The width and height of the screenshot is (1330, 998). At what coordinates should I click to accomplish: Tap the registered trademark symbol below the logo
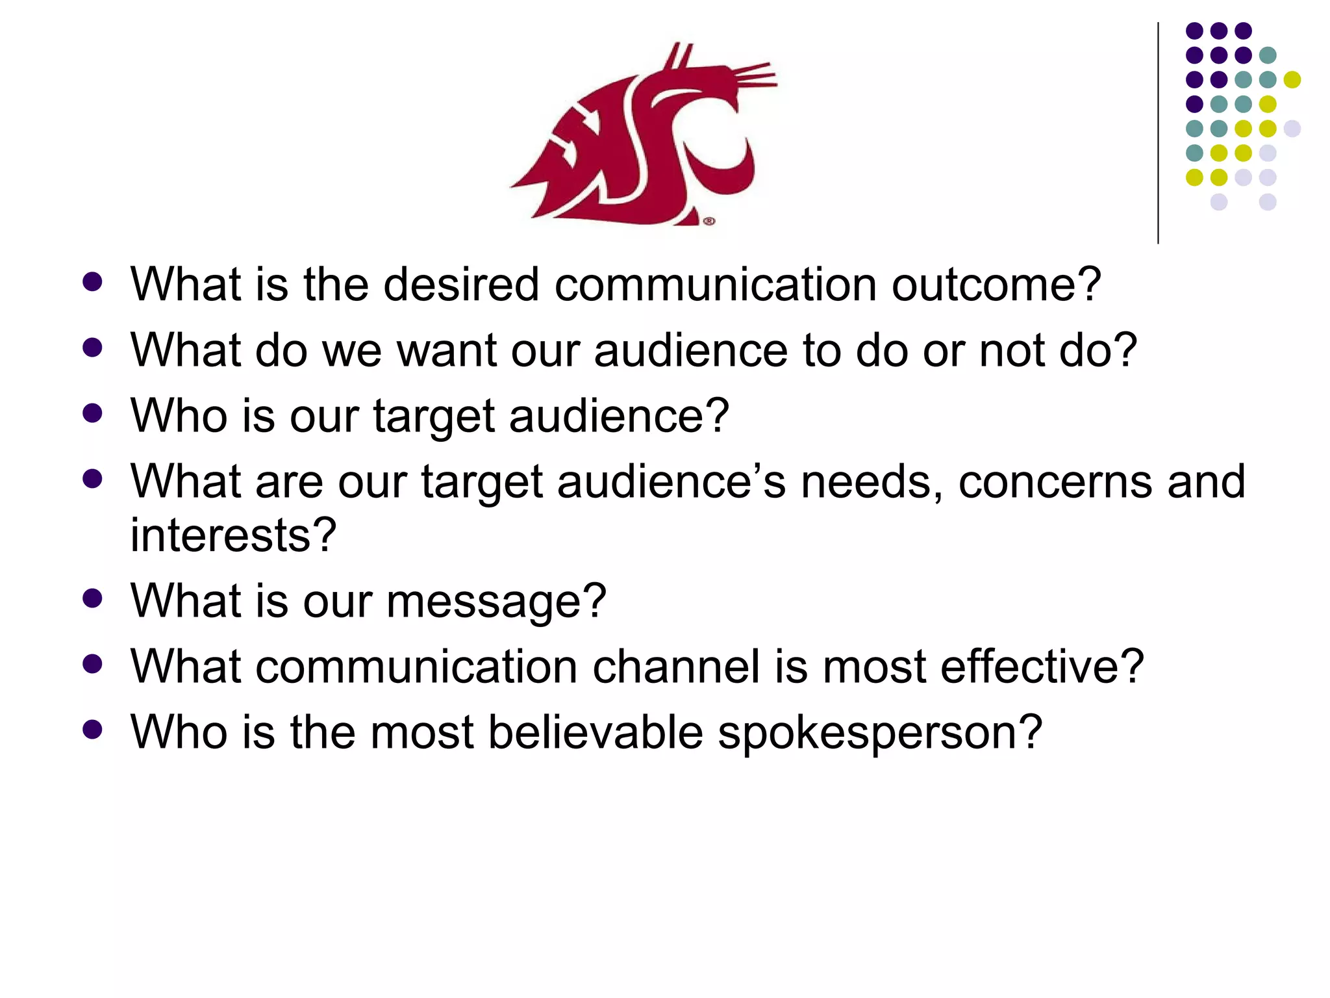tap(709, 222)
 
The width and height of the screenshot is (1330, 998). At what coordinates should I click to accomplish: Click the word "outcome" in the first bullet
tap(996, 285)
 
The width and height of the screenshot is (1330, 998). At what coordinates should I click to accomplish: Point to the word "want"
tap(446, 352)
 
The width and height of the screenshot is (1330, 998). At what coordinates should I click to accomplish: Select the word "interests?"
tap(233, 535)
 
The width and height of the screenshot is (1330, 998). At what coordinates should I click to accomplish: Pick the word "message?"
tap(496, 602)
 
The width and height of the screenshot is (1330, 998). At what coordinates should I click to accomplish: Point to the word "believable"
tap(596, 733)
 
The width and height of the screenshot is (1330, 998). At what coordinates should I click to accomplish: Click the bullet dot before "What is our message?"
tap(93, 598)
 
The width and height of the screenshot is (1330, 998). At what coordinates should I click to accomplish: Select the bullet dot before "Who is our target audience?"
tap(93, 413)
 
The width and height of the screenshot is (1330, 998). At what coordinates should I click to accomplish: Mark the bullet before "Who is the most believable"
tap(93, 730)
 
